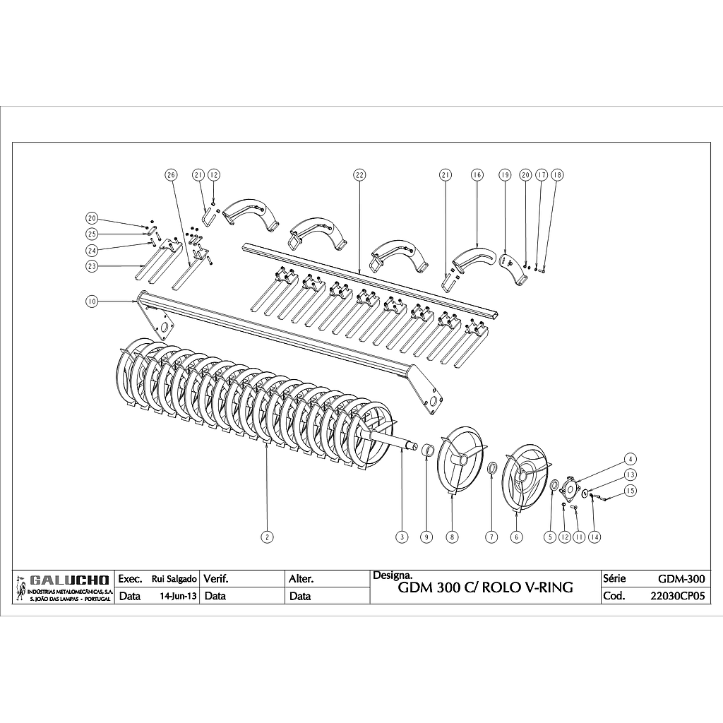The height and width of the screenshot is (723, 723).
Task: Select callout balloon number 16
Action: click(x=477, y=174)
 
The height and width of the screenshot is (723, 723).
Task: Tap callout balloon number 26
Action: click(x=169, y=174)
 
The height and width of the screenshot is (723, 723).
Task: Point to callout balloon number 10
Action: click(x=91, y=301)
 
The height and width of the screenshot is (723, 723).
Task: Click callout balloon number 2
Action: click(x=266, y=537)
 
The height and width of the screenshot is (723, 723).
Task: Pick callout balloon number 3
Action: click(x=402, y=537)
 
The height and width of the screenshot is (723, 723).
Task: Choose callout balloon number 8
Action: click(x=453, y=537)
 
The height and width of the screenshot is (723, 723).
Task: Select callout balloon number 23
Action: click(x=91, y=267)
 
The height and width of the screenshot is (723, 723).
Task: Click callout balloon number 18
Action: click(x=558, y=174)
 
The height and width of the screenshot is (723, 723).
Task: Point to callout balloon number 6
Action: click(x=517, y=537)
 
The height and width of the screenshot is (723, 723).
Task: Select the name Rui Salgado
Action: click(x=169, y=578)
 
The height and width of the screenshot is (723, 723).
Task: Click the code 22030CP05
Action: click(x=676, y=596)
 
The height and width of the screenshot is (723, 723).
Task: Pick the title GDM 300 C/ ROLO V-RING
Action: click(x=486, y=587)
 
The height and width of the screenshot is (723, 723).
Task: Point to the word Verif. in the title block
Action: click(x=216, y=578)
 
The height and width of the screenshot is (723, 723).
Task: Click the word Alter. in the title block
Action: click(x=301, y=578)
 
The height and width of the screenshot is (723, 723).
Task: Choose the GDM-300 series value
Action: click(x=681, y=578)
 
